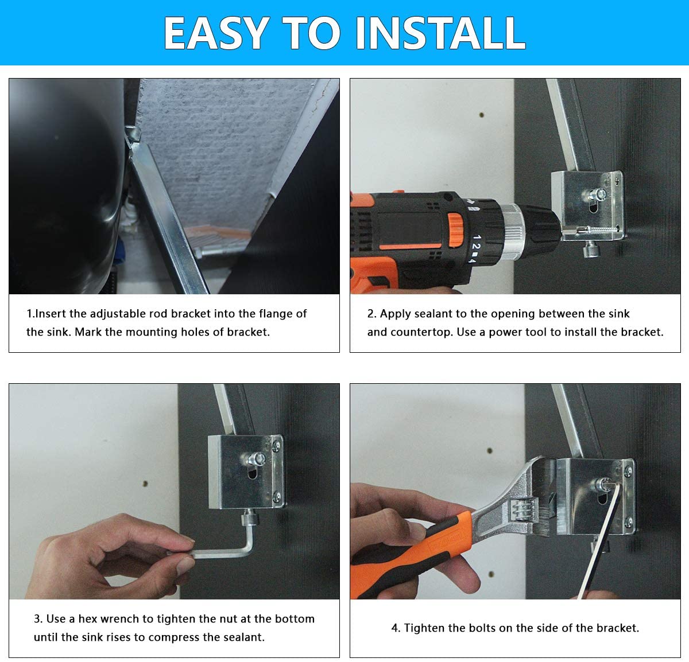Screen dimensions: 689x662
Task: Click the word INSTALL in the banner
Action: [x=440, y=33]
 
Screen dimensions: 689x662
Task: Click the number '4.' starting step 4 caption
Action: [x=396, y=628]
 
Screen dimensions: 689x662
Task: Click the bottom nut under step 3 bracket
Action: [x=250, y=517]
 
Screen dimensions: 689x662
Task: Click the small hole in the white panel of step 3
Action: [x=145, y=484]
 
